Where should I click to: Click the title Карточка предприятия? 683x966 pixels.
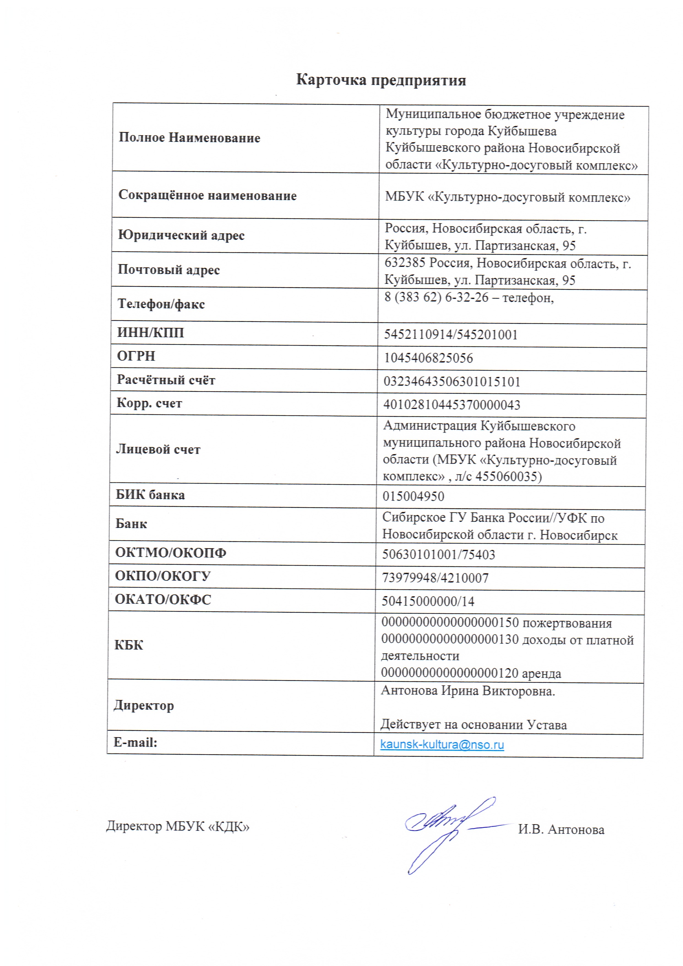(381, 80)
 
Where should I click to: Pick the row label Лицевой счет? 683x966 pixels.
(158, 449)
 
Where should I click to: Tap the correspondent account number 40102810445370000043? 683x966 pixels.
(452, 405)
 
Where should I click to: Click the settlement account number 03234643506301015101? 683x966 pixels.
(452, 382)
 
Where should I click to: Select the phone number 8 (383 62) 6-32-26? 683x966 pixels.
(436, 297)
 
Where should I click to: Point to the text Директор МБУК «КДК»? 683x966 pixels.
(178, 826)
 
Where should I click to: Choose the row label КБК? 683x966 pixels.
(129, 645)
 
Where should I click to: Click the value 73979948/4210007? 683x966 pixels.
(435, 578)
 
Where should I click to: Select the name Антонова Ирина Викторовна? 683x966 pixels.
(468, 691)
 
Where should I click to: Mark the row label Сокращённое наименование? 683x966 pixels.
(207, 195)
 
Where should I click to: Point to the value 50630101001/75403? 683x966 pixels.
(438, 555)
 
